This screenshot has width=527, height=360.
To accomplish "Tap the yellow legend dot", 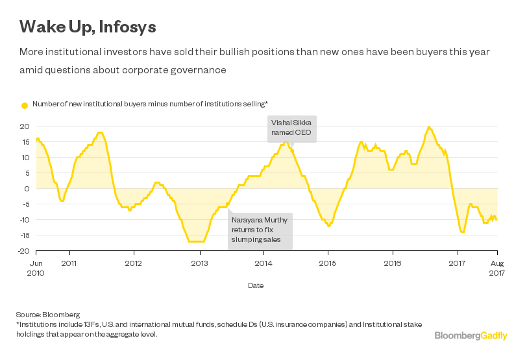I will (x=25, y=104).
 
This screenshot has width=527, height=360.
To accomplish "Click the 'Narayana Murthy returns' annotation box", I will (x=260, y=231).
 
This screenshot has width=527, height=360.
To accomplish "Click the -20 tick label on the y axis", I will (x=25, y=251).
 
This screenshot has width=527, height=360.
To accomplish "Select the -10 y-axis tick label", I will (x=25, y=220).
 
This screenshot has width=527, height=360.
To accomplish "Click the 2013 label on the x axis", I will (x=199, y=263).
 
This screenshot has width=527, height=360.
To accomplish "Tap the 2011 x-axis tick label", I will (x=69, y=263).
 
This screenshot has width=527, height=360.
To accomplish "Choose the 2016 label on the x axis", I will (x=393, y=263).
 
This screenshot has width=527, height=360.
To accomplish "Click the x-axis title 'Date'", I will (x=256, y=285).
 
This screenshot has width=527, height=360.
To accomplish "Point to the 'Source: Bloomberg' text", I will (x=43, y=315).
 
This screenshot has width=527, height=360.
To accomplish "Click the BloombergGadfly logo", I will (x=471, y=335).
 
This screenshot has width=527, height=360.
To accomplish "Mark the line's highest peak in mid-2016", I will (x=429, y=127).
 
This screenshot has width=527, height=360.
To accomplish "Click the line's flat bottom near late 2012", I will (x=196, y=241).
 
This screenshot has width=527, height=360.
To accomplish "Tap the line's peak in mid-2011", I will (x=99, y=132).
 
